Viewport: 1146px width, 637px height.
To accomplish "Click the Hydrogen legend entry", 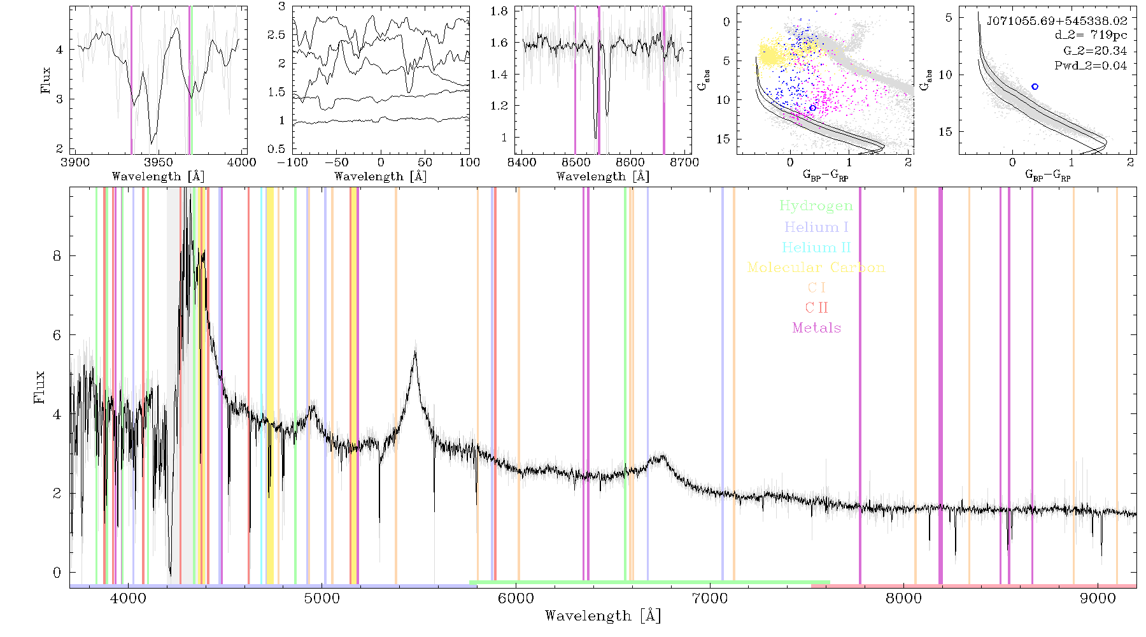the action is click(x=816, y=206).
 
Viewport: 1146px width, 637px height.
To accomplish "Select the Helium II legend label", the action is click(x=816, y=247).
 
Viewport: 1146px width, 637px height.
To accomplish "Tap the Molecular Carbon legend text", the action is click(x=816, y=268).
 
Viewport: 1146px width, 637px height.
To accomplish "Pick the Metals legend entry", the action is click(x=817, y=328).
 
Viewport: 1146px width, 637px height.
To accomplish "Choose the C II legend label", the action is click(x=817, y=308).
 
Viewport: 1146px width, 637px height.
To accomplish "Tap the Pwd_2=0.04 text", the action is click(x=1091, y=66).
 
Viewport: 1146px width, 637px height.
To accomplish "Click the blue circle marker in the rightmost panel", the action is click(x=1035, y=87).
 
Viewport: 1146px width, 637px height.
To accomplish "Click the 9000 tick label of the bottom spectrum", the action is click(x=1098, y=598).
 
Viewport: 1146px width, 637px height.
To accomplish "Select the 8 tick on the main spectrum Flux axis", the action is click(x=57, y=255).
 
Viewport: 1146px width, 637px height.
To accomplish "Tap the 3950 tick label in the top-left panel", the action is click(x=159, y=162).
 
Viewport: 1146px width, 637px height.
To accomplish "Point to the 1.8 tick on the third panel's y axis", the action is click(x=499, y=11).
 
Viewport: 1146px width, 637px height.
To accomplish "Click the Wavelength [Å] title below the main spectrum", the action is click(x=603, y=615).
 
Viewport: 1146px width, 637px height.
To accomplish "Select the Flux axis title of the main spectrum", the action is click(x=39, y=387).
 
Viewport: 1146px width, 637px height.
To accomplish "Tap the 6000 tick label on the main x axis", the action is click(x=516, y=598).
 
